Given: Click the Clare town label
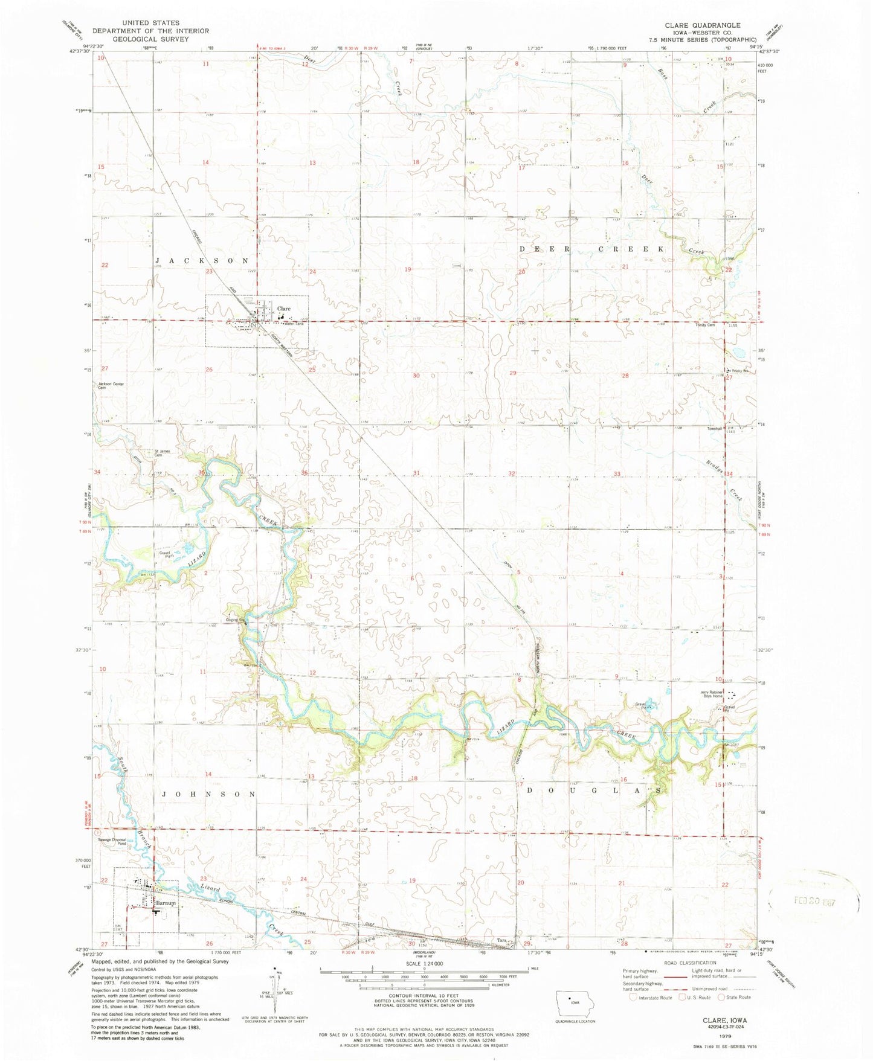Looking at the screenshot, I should pyautogui.click(x=283, y=309).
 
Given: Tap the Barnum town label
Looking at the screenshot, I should pyautogui.click(x=165, y=903).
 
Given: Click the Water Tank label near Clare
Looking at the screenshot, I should pyautogui.click(x=293, y=324).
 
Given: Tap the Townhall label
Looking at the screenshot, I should pyautogui.click(x=715, y=428).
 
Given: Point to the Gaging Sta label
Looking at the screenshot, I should pyautogui.click(x=235, y=620).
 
